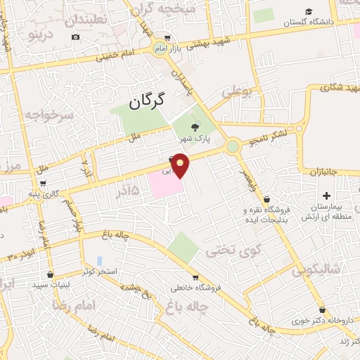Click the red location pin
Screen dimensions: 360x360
[x=181, y=164]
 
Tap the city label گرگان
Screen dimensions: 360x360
[x=146, y=101]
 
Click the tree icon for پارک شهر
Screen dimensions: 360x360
[x=195, y=127]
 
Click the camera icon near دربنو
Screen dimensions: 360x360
[x=76, y=37]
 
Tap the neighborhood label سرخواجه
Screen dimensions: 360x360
[x=48, y=114]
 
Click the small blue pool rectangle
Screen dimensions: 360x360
[x=100, y=260]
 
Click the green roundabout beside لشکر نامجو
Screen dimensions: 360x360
[x=232, y=146]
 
